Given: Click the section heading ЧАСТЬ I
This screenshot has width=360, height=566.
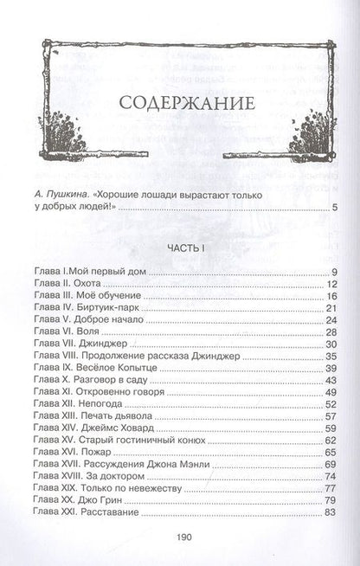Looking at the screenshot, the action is point(179,249).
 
